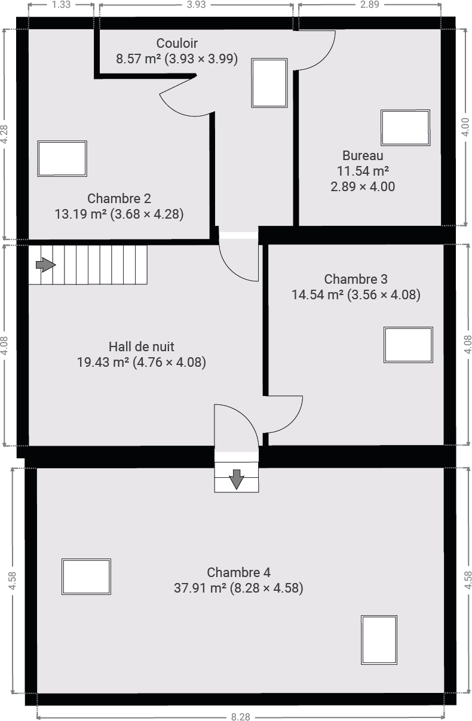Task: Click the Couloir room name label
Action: click(177, 43)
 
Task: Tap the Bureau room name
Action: click(363, 155)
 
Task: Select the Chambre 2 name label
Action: click(119, 198)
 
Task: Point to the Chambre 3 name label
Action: click(355, 279)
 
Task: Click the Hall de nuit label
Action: click(142, 346)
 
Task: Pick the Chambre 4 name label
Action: click(238, 572)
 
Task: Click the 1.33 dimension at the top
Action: click(61, 5)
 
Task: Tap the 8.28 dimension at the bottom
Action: click(241, 716)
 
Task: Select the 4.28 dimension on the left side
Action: click(4, 134)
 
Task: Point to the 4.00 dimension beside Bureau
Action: click(465, 127)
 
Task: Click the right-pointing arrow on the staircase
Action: click(46, 265)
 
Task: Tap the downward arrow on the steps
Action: click(237, 479)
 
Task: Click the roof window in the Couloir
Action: click(269, 82)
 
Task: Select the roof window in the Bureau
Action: click(405, 127)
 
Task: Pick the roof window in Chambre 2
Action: click(62, 158)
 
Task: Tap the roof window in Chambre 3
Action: click(408, 345)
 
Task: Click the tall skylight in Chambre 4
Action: click(379, 640)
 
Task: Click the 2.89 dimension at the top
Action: click(370, 5)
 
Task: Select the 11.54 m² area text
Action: click(363, 171)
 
